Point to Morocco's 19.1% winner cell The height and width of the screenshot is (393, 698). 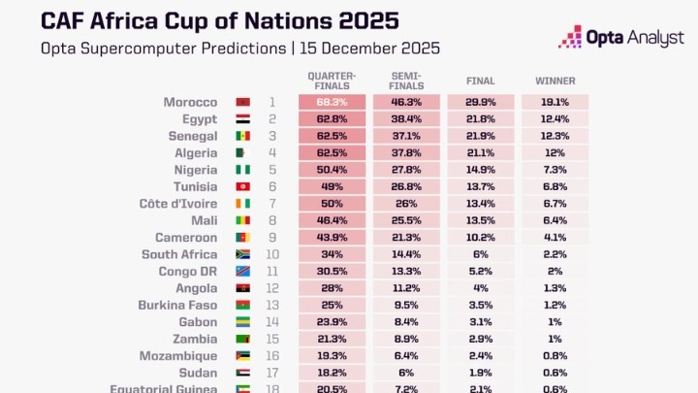coord(555,101)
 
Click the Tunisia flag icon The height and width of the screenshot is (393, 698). coord(243,186)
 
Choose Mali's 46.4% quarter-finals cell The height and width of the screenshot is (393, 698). coord(332,220)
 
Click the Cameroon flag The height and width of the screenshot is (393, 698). coord(243,237)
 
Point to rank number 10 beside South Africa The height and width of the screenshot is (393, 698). coord(272,254)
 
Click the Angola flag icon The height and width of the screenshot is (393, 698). coord(243,288)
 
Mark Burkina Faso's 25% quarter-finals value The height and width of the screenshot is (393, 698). coord(332,305)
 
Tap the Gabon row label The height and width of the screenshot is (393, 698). coord(198,322)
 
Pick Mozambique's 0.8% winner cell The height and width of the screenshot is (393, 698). coord(555,355)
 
